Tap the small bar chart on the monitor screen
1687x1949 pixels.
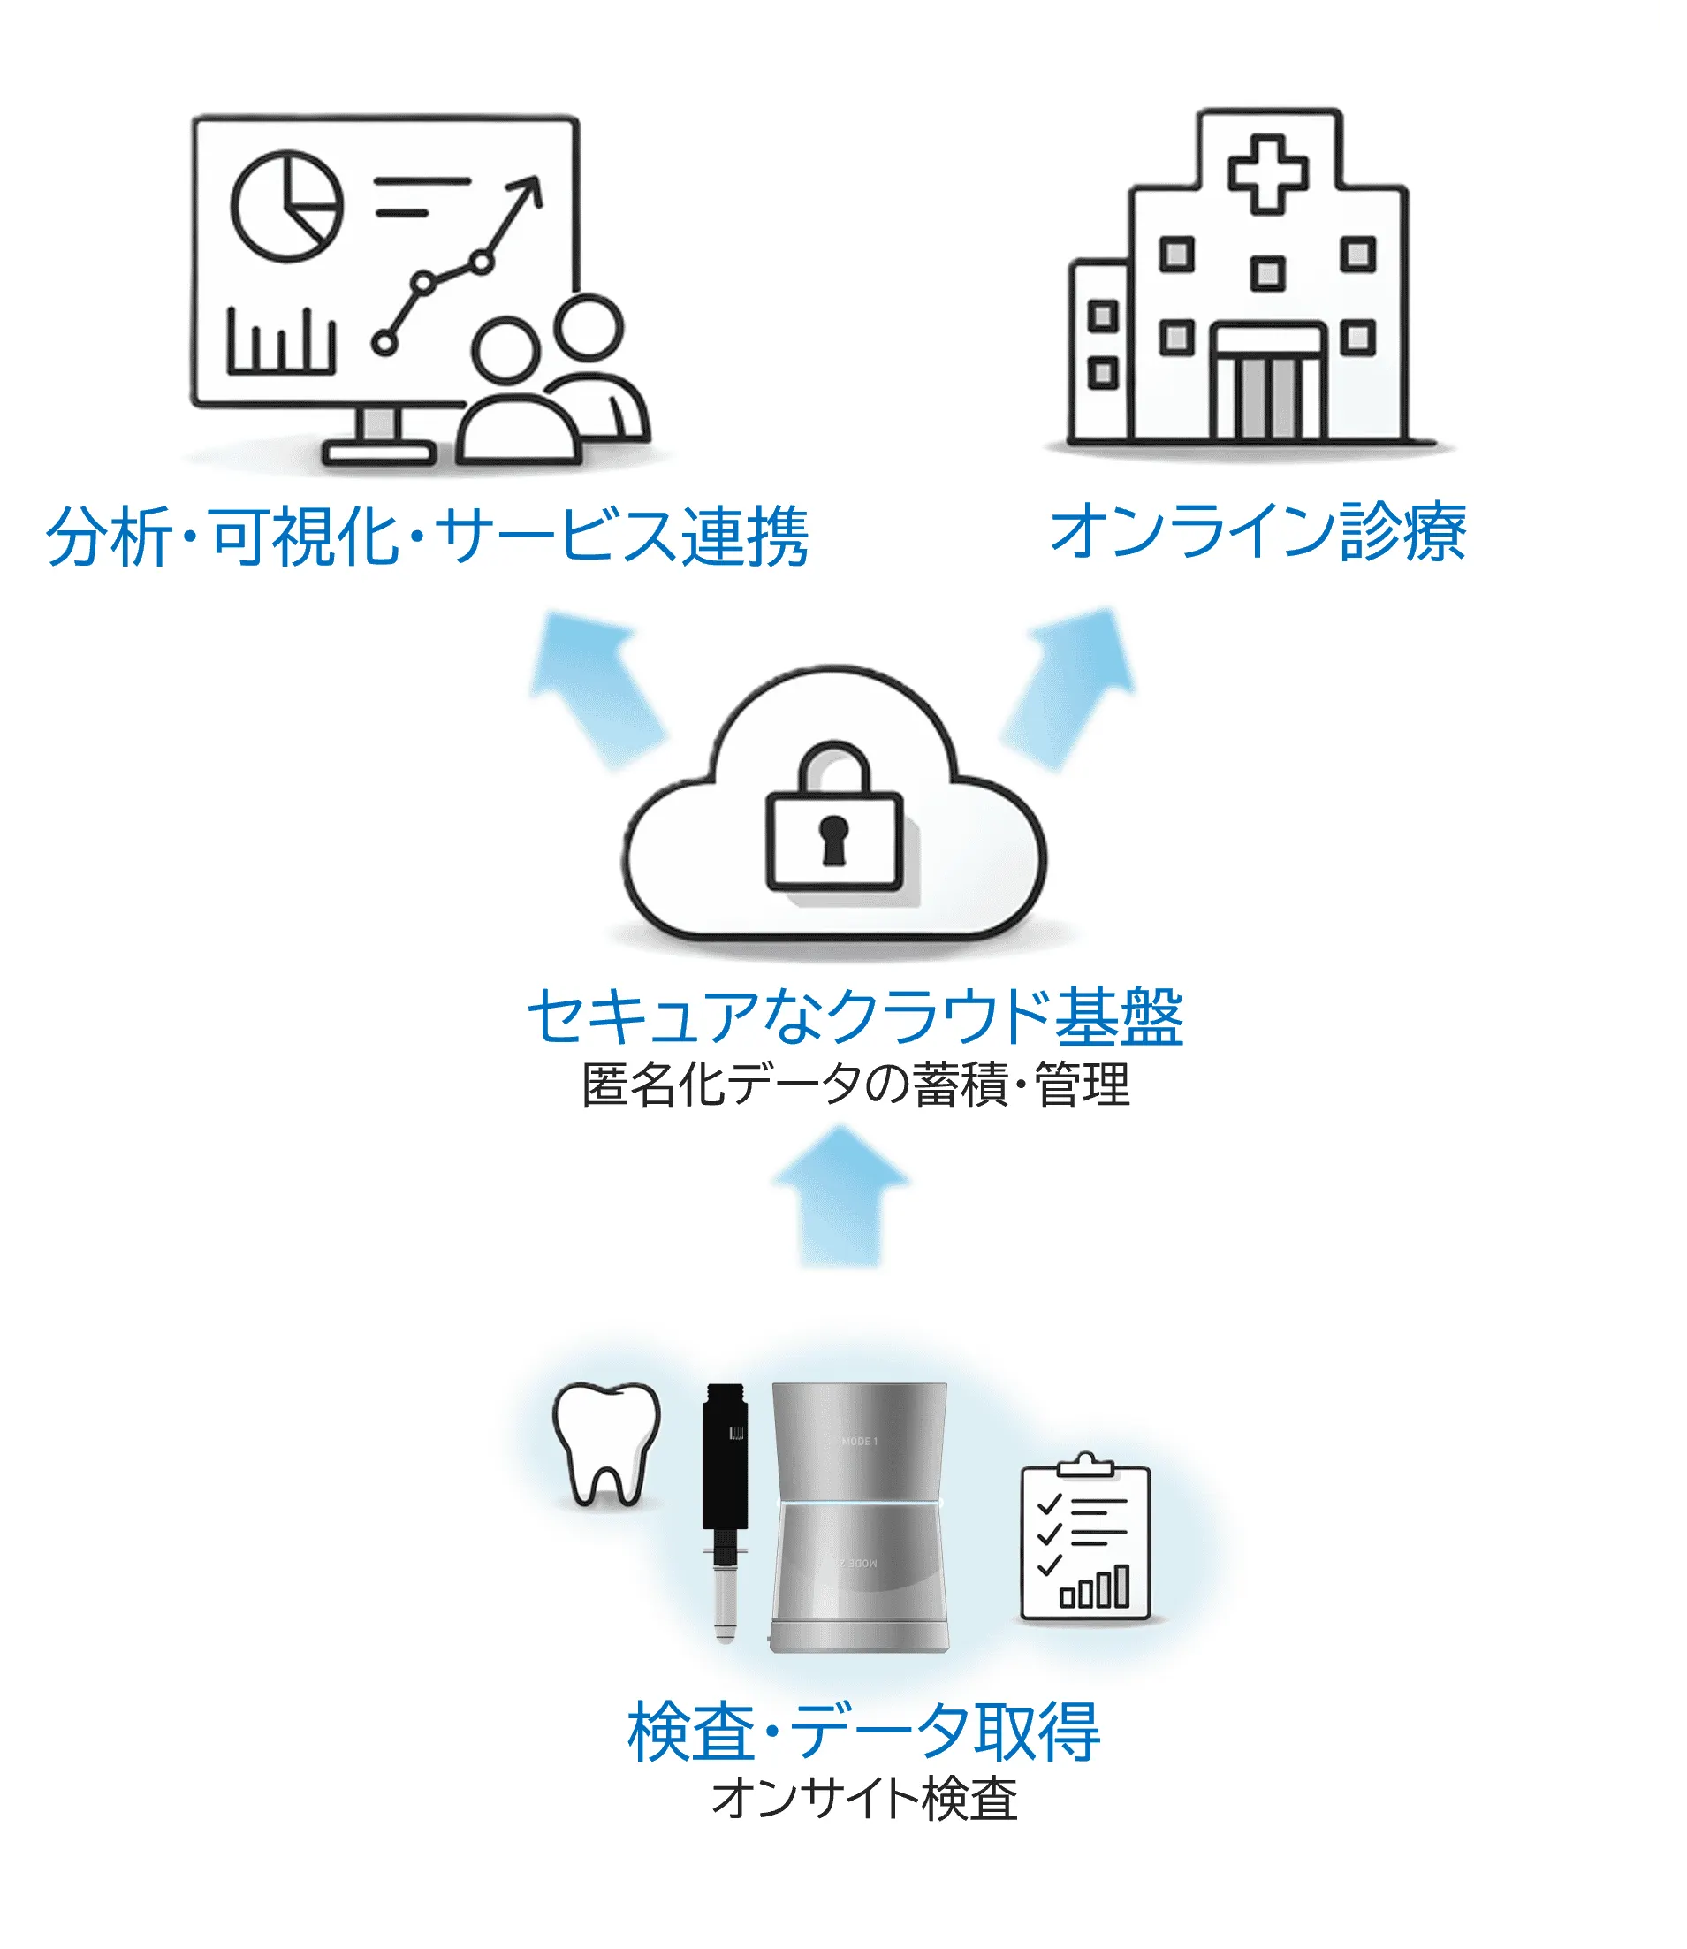point(280,342)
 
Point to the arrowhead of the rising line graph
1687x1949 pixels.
point(528,191)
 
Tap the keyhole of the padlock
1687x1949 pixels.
point(834,840)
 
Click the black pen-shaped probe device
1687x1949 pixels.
point(725,1512)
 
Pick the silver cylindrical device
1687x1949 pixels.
point(859,1517)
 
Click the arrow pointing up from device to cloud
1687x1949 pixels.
point(840,1196)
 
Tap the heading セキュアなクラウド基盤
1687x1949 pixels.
point(855,1016)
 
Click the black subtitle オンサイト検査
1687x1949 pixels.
point(864,1799)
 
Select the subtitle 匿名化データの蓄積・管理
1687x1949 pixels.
point(855,1085)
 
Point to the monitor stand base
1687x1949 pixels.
point(378,453)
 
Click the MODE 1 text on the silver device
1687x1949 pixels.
point(860,1442)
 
